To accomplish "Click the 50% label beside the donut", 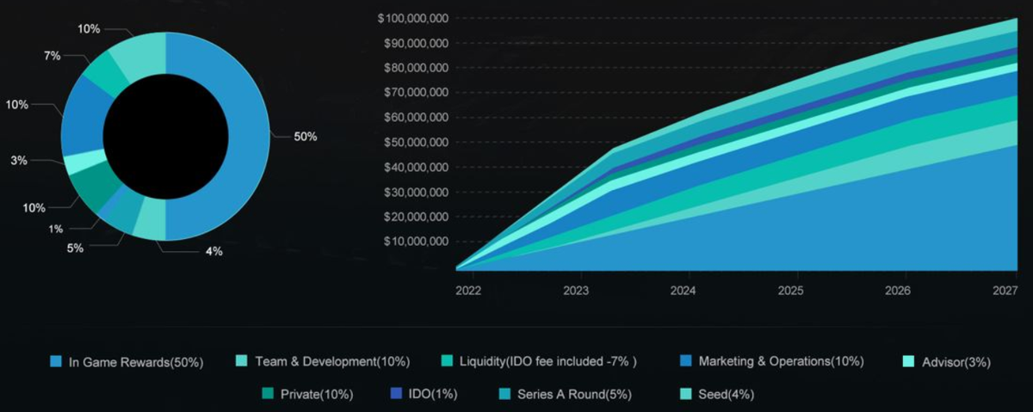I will [306, 137].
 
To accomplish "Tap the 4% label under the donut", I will [213, 251].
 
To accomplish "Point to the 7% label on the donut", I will [52, 56].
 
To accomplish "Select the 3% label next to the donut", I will [19, 160].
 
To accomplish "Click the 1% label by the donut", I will [55, 229].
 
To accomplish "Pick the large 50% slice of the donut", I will [245, 138].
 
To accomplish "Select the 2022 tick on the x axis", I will [468, 291].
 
